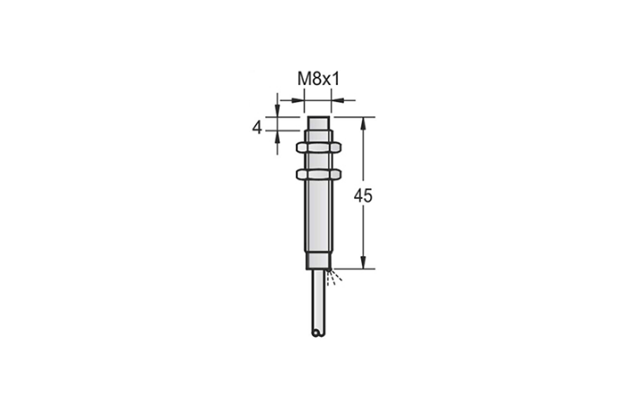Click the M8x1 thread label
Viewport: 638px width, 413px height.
coord(318,80)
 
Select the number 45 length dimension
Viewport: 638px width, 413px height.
coord(363,197)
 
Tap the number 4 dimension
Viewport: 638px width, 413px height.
coord(257,128)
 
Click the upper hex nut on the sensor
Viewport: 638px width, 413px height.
coord(319,142)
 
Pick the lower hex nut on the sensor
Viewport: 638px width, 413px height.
coord(319,172)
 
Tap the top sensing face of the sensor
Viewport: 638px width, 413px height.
coord(319,118)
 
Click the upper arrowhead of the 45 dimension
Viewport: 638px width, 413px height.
coord(364,122)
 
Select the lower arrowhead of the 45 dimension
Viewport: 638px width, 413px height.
coord(364,263)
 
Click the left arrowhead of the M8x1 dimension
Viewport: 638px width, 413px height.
coord(301,100)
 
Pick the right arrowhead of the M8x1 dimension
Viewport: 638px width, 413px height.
coord(337,100)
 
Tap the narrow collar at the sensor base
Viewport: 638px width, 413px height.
coord(319,265)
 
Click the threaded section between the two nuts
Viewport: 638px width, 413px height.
coord(319,157)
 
